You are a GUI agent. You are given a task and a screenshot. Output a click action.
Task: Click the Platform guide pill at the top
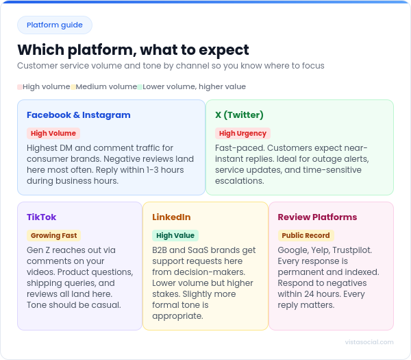tap(55, 25)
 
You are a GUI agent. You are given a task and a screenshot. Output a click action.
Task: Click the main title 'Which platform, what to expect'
tap(133, 50)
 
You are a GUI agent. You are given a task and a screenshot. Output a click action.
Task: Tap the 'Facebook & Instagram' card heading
tap(78, 115)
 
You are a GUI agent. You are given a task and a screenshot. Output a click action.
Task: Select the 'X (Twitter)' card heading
tap(239, 115)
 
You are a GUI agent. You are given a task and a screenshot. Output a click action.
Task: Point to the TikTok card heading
tap(41, 217)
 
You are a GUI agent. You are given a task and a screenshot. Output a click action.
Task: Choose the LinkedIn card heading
tap(171, 217)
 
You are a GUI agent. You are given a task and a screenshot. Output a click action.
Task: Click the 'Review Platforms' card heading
tap(317, 217)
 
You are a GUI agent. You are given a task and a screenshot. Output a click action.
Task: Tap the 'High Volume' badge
tap(53, 134)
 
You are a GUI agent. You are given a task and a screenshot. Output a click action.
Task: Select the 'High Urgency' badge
tap(242, 134)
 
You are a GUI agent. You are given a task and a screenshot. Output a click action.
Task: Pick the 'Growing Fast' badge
tap(53, 236)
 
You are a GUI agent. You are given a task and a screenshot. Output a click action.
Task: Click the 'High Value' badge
tap(175, 236)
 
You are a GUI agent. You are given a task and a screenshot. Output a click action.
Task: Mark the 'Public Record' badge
tap(305, 236)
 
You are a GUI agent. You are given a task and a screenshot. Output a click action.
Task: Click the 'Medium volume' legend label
tap(106, 87)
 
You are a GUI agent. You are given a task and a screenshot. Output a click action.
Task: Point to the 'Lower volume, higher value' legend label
tap(194, 87)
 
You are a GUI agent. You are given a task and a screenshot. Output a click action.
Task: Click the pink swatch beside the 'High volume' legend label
tap(20, 87)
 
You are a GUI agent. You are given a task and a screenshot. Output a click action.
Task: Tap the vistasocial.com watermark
tap(370, 341)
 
